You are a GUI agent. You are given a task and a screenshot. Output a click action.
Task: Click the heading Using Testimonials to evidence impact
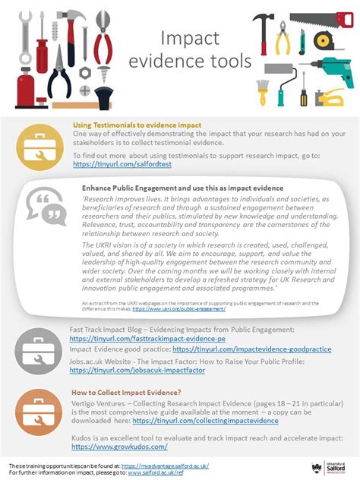pos(136,125)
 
